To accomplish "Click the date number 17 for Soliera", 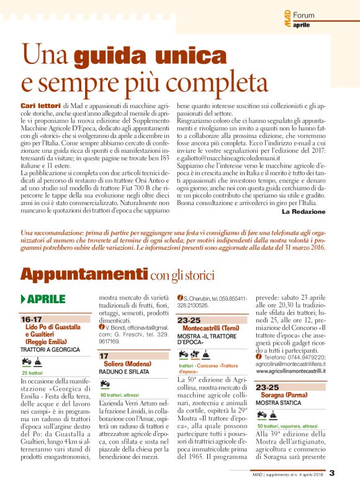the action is coord(104,356).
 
